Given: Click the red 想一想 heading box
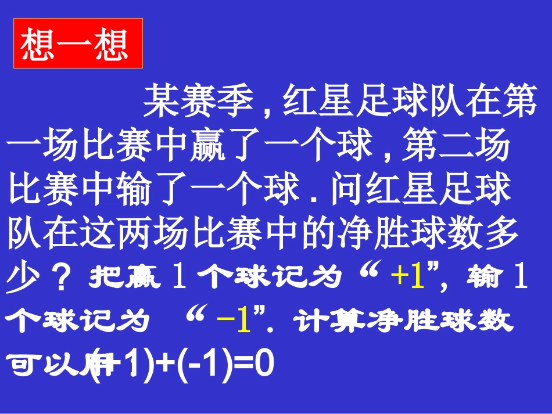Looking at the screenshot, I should click(x=78, y=43).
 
